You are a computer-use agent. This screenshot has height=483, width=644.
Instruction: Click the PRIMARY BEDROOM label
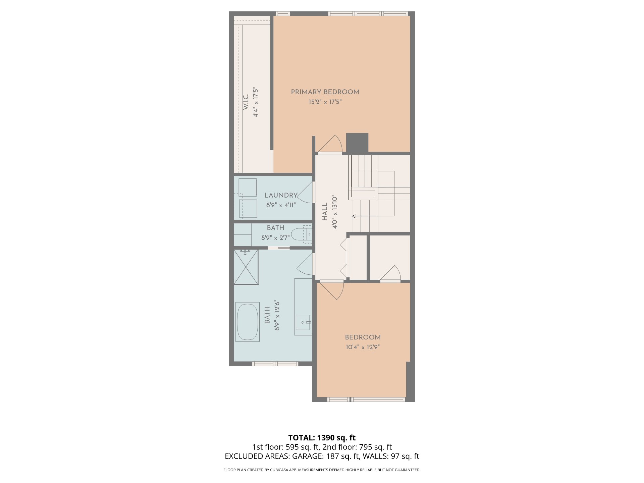(325, 92)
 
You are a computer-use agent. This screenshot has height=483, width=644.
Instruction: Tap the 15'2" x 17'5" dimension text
(325, 102)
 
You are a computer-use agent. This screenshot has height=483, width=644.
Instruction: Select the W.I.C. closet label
(246, 102)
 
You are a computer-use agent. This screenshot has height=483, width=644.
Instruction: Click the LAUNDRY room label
(281, 195)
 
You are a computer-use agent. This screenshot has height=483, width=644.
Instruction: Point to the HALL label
(325, 212)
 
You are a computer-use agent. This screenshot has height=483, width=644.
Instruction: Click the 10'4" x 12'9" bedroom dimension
(363, 347)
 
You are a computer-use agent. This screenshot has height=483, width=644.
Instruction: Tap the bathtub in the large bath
(248, 322)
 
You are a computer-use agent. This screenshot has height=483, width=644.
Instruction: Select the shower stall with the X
(246, 267)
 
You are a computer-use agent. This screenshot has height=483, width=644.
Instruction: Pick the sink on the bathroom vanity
(304, 323)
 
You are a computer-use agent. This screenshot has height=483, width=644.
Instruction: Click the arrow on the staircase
(373, 216)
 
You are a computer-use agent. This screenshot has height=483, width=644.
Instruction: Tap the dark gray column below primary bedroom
(357, 143)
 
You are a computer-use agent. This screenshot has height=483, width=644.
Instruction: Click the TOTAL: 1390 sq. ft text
(322, 438)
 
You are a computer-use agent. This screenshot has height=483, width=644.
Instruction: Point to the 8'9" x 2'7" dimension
(275, 238)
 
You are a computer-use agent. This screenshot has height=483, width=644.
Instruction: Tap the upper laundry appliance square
(248, 187)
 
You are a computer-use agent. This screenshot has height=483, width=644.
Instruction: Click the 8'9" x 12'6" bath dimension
(277, 315)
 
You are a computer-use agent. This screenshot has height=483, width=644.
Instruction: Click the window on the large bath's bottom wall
(275, 364)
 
